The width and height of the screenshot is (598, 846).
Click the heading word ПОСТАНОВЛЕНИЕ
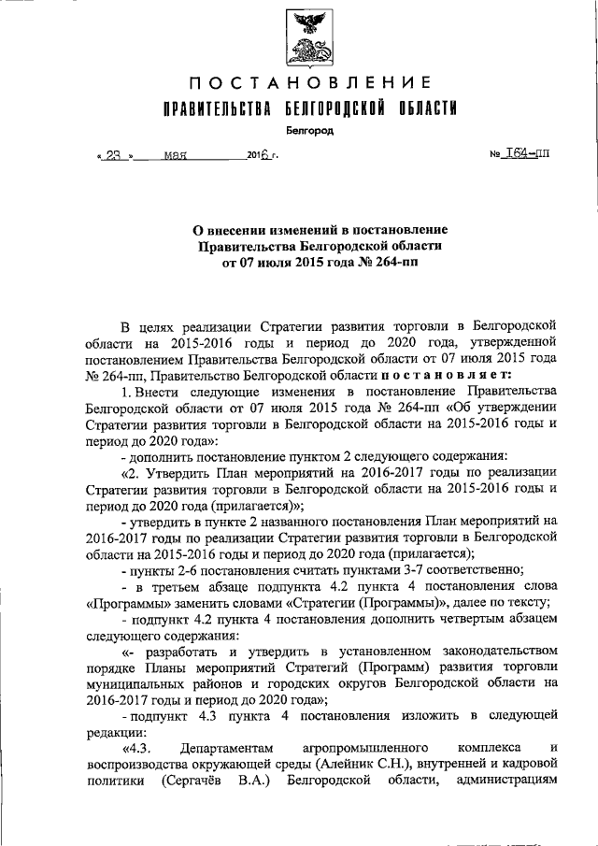click(x=301, y=86)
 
